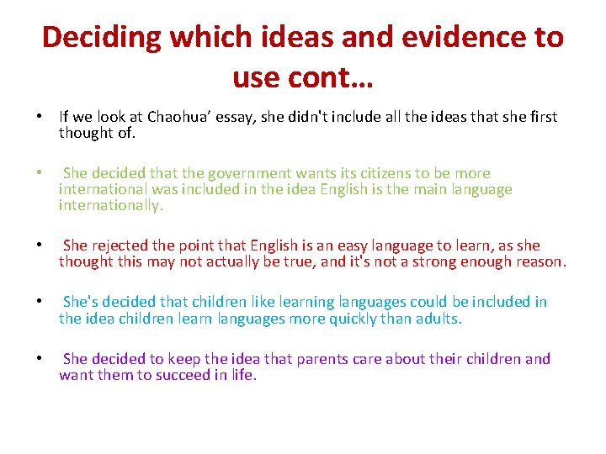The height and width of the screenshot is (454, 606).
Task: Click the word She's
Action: pos(82,302)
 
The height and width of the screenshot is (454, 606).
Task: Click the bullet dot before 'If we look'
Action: pos(40,116)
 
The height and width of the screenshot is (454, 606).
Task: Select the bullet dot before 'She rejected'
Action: pos(40,245)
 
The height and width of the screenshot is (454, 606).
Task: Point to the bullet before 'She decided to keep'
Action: pos(40,359)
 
